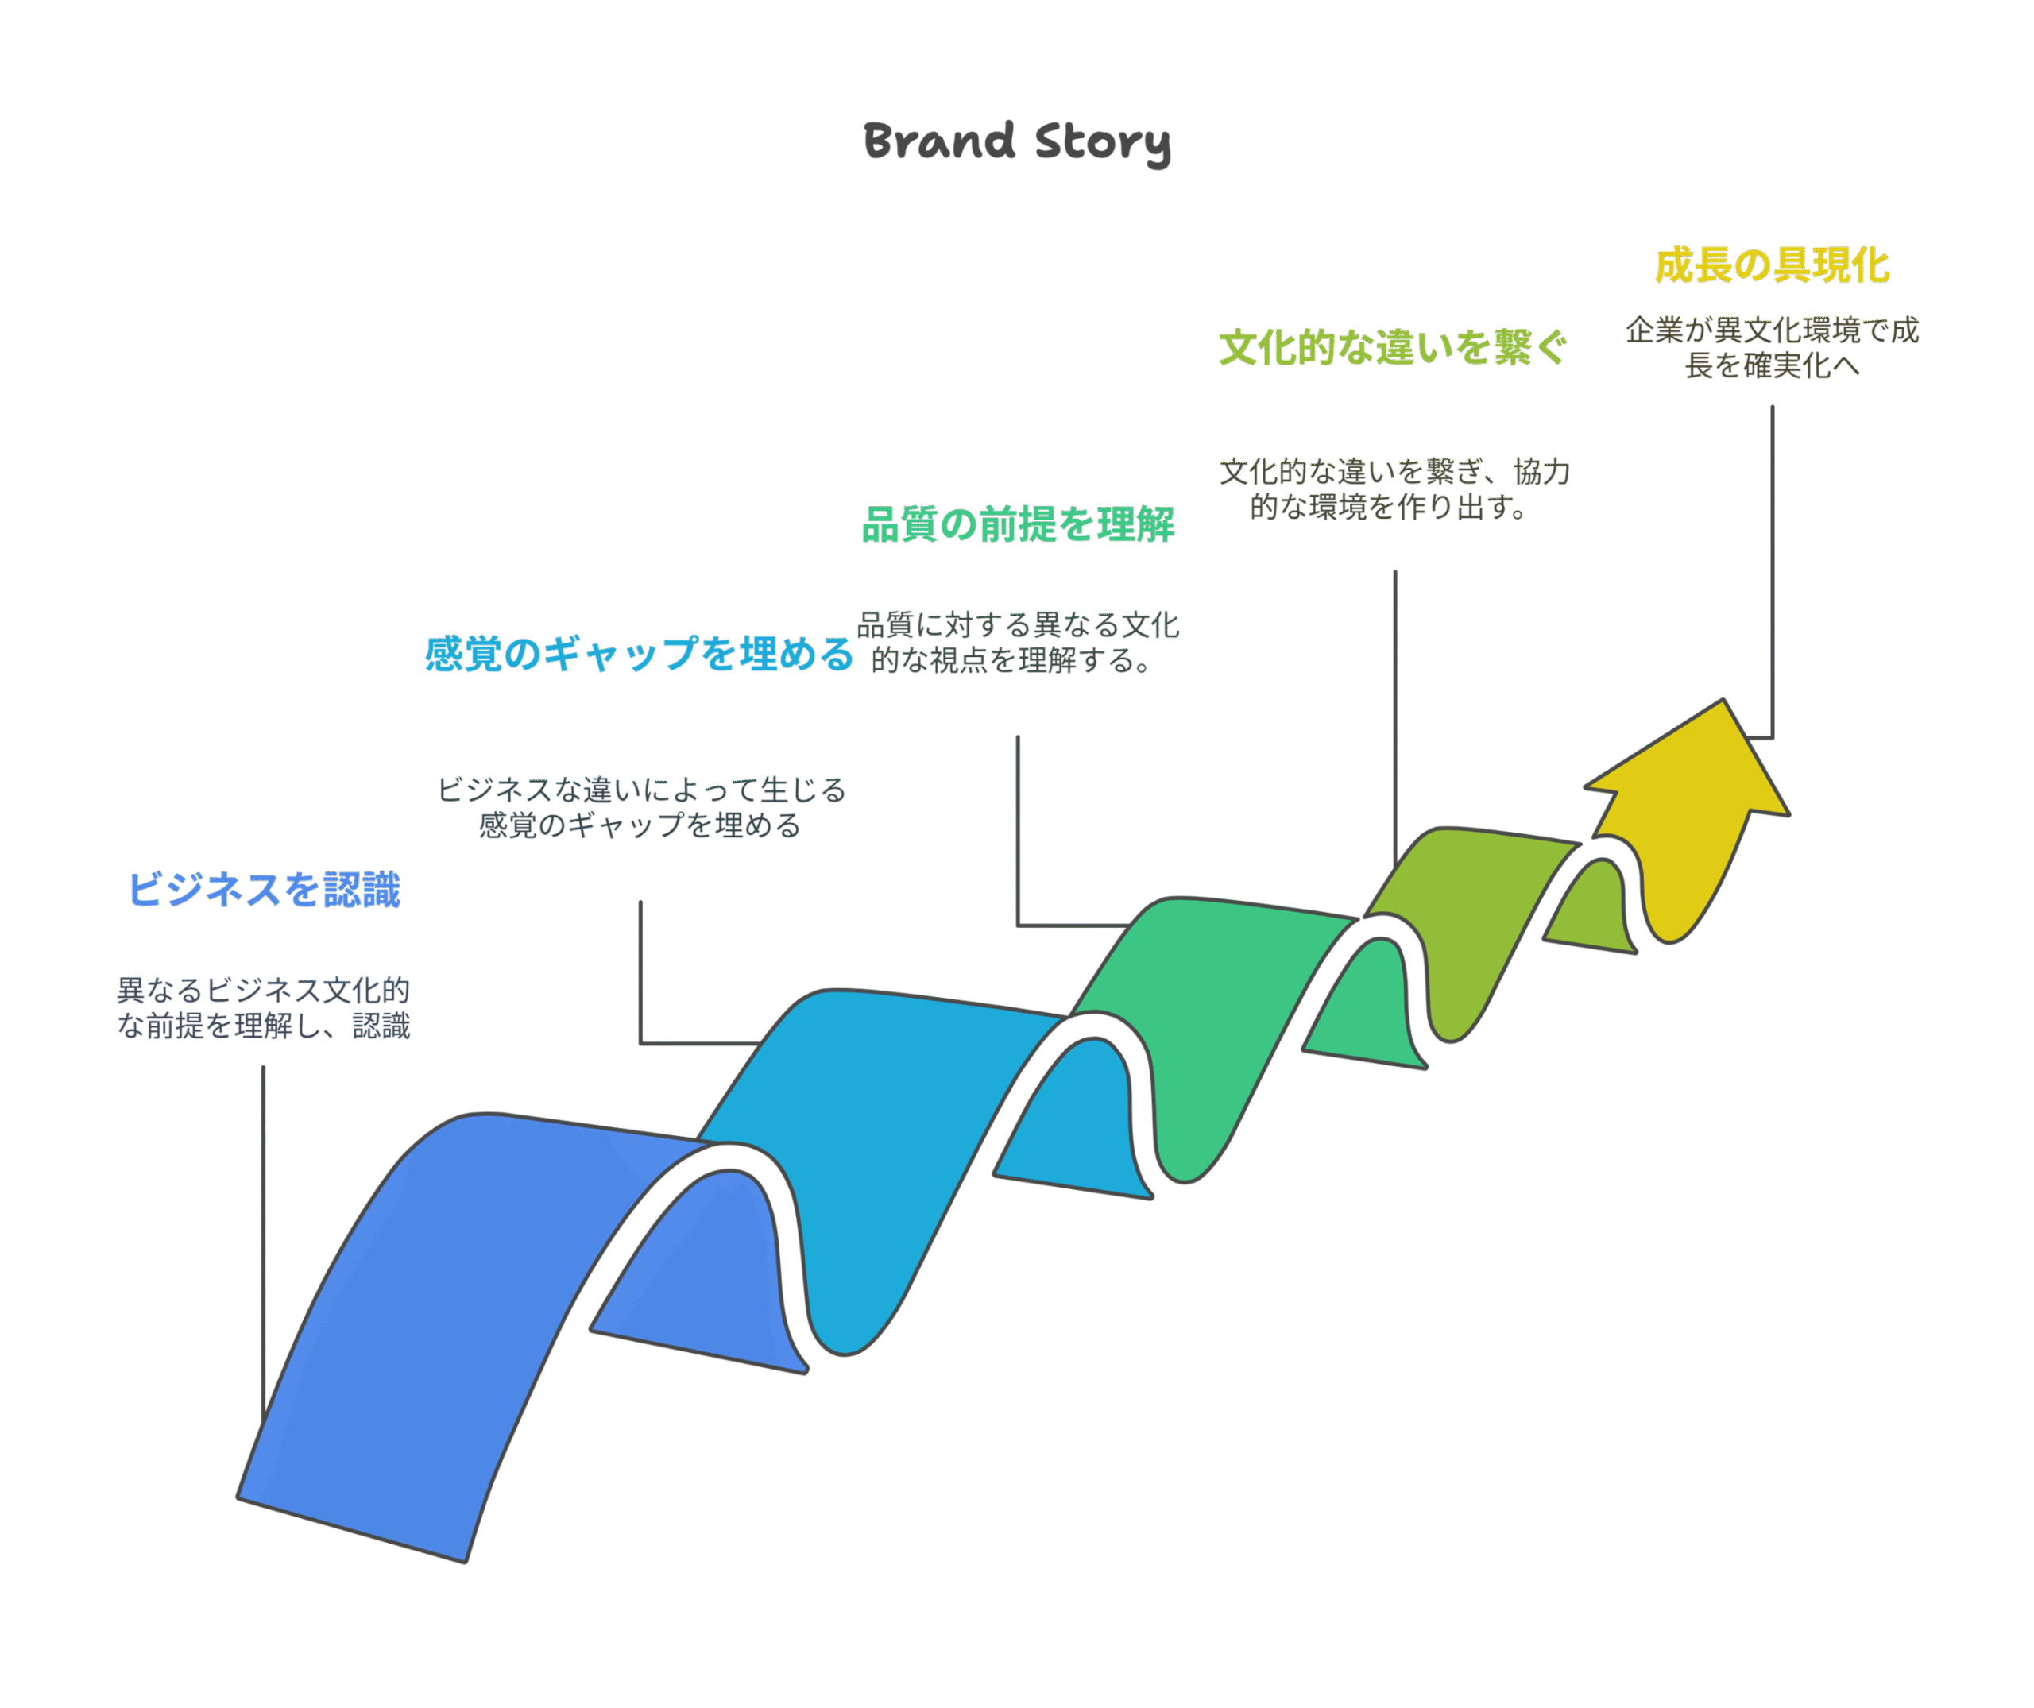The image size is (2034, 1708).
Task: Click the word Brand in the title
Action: coord(938,141)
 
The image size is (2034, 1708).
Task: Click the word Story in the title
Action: coord(1103,143)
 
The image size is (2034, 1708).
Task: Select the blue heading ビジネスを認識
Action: coord(264,890)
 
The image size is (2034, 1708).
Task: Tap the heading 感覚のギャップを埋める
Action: coord(640,655)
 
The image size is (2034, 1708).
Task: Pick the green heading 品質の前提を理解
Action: coord(1018,525)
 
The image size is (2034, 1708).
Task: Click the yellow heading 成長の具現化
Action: coord(1773,265)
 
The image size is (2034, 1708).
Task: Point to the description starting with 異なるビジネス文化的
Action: coord(264,1008)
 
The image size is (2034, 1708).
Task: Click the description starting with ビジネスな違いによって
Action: coord(641,807)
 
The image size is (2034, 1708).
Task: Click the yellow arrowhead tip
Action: coord(1723,700)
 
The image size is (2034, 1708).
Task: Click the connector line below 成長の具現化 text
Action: coord(1773,571)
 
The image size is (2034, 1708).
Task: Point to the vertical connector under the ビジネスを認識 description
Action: coord(264,1244)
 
